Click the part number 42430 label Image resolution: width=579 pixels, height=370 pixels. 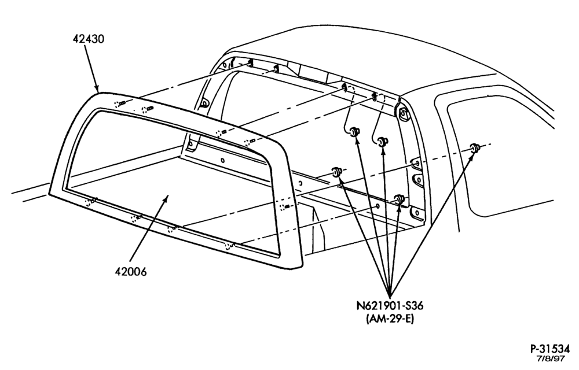[88, 39]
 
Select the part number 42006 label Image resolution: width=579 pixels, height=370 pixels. [131, 272]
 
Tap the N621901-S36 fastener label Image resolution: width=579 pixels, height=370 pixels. [390, 305]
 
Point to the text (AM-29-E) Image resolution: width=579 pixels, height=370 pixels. [390, 319]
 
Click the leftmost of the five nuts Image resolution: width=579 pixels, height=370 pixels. [336, 171]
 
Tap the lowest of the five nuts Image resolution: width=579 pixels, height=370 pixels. [399, 199]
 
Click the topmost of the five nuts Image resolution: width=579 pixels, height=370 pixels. [354, 131]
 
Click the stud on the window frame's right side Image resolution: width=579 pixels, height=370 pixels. [285, 206]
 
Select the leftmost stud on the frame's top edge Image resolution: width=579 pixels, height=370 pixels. [119, 104]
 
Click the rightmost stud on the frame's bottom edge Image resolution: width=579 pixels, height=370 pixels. [230, 246]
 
